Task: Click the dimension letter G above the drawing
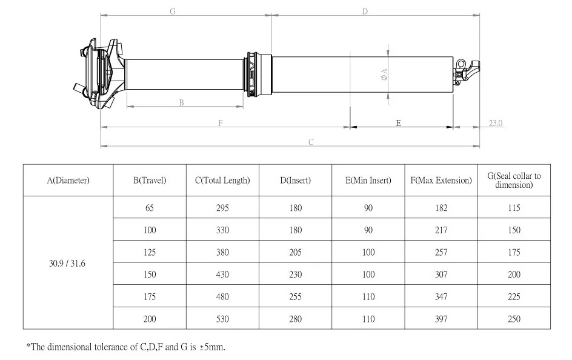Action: (173, 12)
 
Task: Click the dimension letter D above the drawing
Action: (365, 12)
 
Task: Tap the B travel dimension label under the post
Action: (181, 102)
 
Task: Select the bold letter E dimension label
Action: (398, 123)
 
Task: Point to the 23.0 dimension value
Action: (496, 123)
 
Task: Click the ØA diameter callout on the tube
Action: (384, 75)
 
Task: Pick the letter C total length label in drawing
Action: (311, 142)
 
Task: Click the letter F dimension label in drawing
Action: (221, 123)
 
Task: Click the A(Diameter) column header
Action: (68, 180)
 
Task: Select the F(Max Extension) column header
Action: (441, 180)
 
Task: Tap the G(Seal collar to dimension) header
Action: (514, 180)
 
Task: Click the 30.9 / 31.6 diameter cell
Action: (67, 264)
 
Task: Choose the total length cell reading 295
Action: (222, 208)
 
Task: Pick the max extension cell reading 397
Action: (441, 319)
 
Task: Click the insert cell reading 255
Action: (296, 296)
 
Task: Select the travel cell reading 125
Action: (150, 252)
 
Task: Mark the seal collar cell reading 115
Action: (514, 208)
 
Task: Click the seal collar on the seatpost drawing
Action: (259, 75)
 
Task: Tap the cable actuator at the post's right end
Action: (467, 72)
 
